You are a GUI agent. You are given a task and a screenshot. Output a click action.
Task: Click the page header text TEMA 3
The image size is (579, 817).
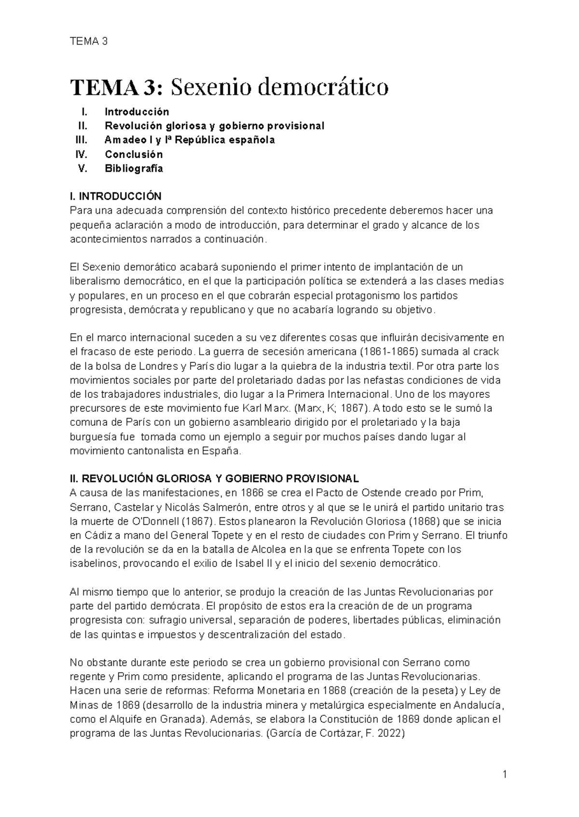tap(88, 41)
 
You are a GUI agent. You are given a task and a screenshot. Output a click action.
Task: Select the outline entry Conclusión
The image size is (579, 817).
tap(134, 154)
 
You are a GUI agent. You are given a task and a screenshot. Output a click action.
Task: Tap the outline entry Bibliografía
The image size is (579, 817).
tap(134, 168)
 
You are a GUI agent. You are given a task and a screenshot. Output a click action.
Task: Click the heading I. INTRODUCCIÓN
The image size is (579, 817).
tap(116, 197)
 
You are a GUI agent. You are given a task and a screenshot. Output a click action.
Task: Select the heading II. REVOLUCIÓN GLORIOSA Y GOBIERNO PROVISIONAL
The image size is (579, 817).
tap(215, 479)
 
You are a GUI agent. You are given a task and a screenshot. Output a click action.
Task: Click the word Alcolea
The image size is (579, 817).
tap(268, 549)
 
